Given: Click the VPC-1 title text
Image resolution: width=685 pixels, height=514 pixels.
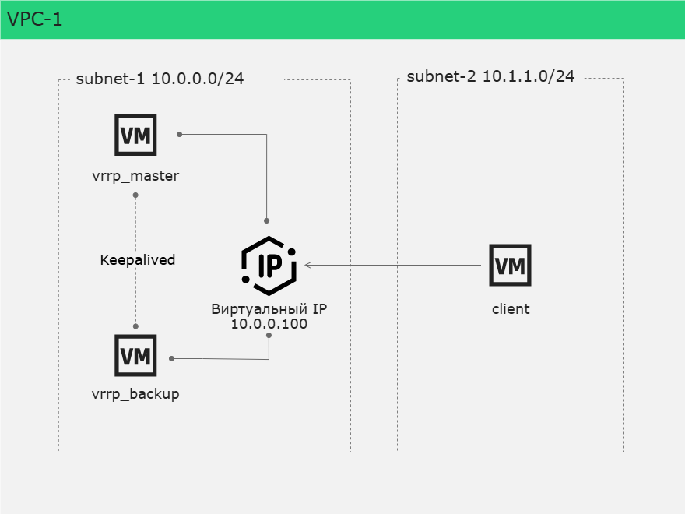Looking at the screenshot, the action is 34,19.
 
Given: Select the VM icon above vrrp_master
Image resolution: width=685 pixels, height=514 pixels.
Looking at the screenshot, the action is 135,135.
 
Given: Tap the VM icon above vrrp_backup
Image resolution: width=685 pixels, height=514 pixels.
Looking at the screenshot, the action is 135,355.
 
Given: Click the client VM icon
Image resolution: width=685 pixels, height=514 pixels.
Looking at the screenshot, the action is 511,265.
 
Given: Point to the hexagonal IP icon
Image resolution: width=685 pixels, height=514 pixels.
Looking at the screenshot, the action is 269,266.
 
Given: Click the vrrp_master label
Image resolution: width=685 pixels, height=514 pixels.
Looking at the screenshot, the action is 135,176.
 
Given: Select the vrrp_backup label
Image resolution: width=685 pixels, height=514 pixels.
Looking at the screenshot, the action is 135,394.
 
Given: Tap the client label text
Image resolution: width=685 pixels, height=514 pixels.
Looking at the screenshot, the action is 511,309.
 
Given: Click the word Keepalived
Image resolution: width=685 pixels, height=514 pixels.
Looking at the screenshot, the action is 138,259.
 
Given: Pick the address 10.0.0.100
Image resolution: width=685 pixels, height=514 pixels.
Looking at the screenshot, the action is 269,324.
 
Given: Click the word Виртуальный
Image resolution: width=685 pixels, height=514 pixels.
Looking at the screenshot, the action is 259,309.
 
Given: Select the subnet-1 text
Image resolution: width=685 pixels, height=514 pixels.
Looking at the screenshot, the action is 110,79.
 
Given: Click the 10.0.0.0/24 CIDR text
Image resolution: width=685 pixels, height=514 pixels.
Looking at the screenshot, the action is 198,79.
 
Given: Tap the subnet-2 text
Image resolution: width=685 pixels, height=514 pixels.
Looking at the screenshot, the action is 441,76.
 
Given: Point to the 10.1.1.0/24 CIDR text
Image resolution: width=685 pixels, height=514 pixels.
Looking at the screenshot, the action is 529,76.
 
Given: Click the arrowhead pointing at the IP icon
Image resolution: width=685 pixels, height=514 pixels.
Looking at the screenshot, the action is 307,265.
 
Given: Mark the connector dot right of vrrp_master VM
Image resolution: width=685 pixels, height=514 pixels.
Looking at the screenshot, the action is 179,134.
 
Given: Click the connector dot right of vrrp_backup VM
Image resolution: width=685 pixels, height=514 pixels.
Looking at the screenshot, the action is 172,358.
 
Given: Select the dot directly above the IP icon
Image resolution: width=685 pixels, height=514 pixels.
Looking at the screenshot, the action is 266,220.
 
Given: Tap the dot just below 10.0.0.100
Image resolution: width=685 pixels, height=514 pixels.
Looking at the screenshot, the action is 269,335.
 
